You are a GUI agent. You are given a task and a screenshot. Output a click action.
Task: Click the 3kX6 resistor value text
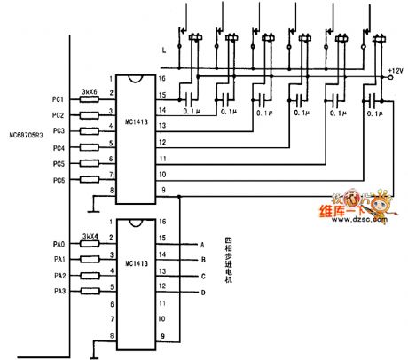click(89, 90)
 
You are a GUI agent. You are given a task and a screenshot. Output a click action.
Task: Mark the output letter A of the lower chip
click(202, 243)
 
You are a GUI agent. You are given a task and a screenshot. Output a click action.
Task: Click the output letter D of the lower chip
click(202, 292)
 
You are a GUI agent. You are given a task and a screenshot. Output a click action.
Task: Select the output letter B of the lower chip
click(202, 259)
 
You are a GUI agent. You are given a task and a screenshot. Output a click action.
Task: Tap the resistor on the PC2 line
click(89, 115)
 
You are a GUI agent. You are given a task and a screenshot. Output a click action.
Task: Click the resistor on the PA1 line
click(89, 259)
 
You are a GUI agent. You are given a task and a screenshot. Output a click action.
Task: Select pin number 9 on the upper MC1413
click(162, 191)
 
